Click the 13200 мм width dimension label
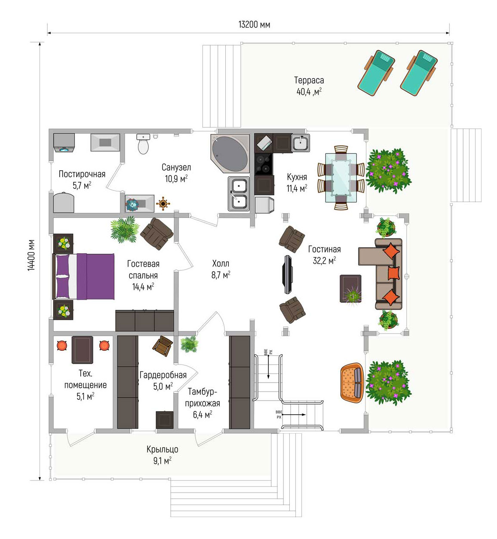tap(254, 24)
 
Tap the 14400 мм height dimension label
tap(31, 255)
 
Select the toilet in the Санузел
tap(143, 144)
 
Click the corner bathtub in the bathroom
tap(230, 153)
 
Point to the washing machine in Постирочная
tap(64, 143)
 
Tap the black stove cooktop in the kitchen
tap(264, 164)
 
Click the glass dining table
tap(341, 178)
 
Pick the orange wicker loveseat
tap(352, 383)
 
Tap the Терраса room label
tap(309, 80)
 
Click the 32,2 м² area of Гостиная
tap(324, 261)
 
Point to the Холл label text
tap(221, 263)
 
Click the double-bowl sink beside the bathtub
tap(239, 194)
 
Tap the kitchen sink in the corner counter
tap(301, 143)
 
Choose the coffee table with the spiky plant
tap(351, 289)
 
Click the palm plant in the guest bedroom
tap(125, 230)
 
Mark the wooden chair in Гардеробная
tap(163, 346)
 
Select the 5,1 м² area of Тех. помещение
tap(85, 397)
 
